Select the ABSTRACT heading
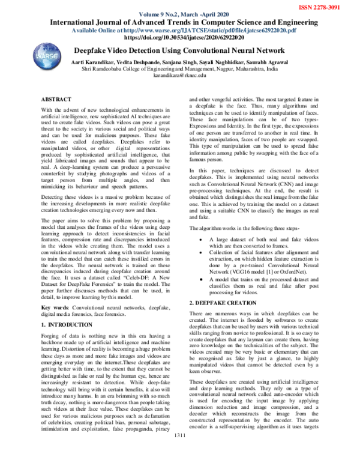(58, 97)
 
